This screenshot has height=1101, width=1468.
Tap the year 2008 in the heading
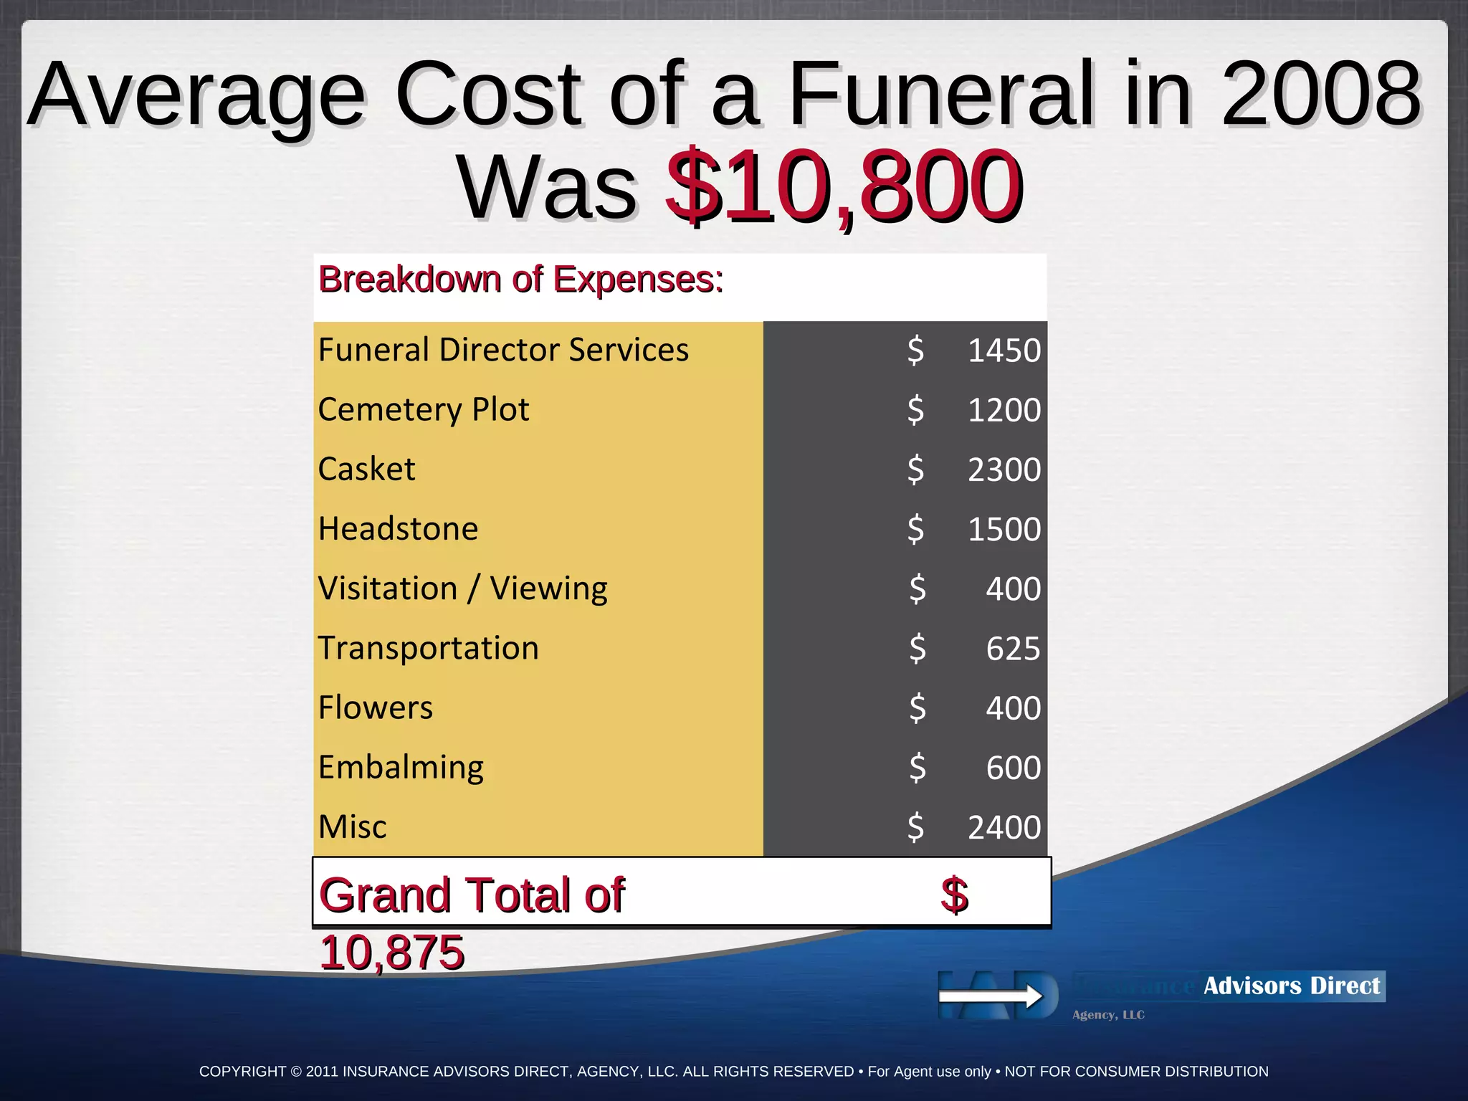tap(1320, 93)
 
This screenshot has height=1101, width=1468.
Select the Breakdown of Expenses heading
tap(520, 279)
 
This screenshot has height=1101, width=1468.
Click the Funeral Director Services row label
tap(503, 350)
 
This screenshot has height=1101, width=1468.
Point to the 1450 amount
tap(1004, 351)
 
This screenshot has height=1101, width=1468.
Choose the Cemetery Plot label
tap(424, 409)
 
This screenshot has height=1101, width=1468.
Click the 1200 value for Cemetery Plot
tap(1004, 410)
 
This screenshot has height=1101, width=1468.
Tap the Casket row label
tap(366, 469)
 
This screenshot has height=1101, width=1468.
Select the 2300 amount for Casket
tap(1004, 470)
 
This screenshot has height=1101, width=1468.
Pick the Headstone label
tap(398, 529)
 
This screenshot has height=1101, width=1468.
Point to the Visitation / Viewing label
tap(462, 588)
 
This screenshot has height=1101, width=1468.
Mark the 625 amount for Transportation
tap(1012, 649)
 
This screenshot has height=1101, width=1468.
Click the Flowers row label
tap(376, 707)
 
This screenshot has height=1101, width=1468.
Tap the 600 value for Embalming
tap(1012, 768)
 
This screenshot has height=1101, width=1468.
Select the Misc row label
tap(352, 826)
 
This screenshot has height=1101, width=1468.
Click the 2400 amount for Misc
tap(1004, 827)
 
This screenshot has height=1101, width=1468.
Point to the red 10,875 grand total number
tap(392, 952)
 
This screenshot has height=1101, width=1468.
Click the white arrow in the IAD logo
tap(991, 996)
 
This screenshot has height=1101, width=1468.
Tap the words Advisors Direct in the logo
tap(1291, 986)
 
